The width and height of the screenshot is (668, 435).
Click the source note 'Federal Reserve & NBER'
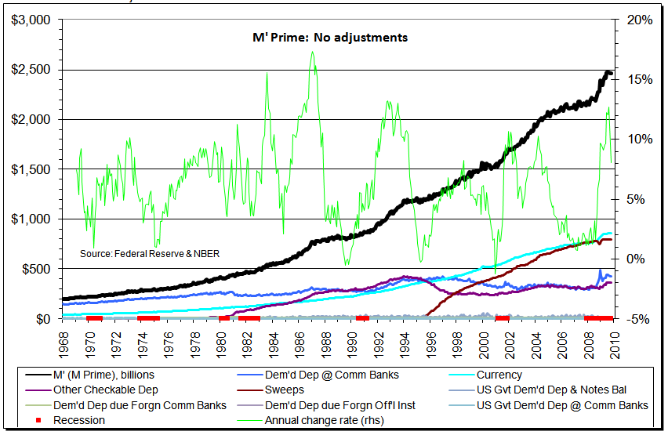pyautogui.click(x=148, y=254)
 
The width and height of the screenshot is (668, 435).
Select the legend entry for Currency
pyautogui.click(x=499, y=375)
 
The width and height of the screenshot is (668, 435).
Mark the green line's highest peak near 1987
pyautogui.click(x=313, y=53)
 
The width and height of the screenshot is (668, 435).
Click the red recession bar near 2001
pyautogui.click(x=502, y=317)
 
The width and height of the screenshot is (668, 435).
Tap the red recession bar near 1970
pyautogui.click(x=94, y=317)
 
